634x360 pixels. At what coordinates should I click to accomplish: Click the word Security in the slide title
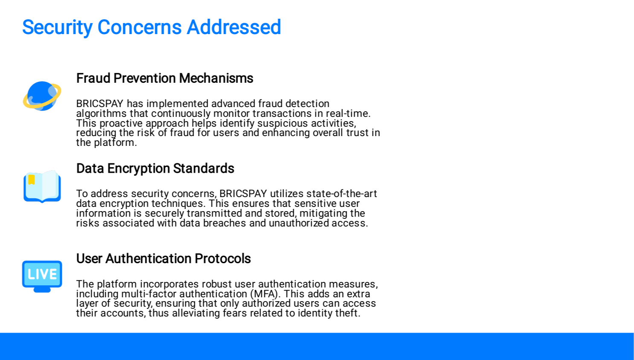(58, 27)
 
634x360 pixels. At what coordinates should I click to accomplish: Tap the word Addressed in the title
(234, 27)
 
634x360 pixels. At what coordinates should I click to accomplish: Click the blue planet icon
(42, 96)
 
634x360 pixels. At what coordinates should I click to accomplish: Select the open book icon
(42, 187)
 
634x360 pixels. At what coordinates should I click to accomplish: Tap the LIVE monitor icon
(42, 276)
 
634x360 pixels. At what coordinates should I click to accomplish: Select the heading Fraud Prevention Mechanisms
(165, 78)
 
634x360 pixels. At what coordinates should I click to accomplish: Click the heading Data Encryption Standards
(155, 168)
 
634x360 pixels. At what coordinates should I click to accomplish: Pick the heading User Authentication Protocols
(164, 258)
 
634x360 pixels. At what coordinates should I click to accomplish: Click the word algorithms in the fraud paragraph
(101, 114)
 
